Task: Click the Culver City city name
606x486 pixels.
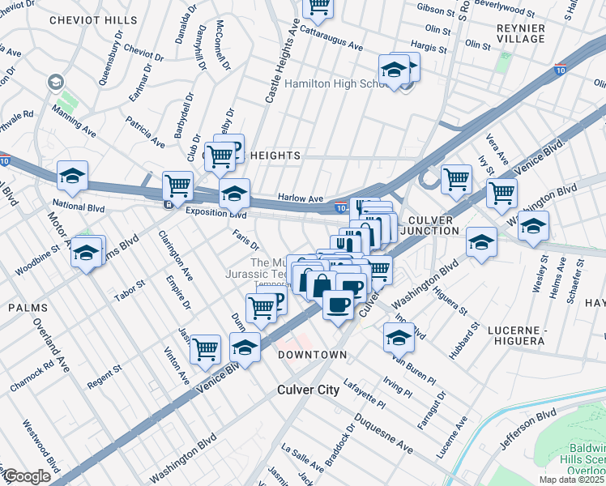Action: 309,390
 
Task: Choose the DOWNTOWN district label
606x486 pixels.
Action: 313,355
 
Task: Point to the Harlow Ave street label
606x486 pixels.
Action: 301,198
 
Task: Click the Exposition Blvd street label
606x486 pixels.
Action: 216,213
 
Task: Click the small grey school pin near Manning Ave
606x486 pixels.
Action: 55,82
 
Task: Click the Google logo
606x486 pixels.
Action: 26,476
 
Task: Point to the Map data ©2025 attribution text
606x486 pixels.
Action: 573,480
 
